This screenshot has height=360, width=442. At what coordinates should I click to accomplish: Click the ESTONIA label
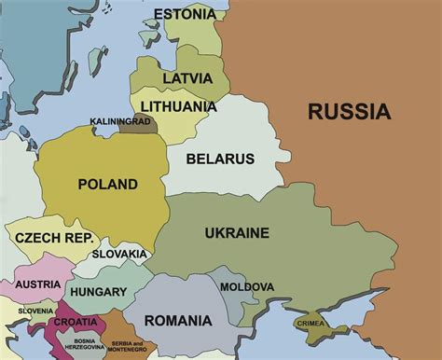(184, 15)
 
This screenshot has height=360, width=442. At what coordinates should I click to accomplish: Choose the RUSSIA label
(348, 113)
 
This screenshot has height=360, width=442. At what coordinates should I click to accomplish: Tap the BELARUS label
(220, 159)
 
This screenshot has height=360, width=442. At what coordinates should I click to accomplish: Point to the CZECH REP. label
(53, 239)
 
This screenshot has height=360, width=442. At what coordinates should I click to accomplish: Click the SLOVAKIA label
(119, 255)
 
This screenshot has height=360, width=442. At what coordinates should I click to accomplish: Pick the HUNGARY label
(98, 292)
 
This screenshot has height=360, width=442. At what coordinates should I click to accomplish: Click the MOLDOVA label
(247, 286)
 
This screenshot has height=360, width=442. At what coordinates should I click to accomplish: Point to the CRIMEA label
(311, 323)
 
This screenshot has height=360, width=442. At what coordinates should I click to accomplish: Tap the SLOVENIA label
(35, 311)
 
